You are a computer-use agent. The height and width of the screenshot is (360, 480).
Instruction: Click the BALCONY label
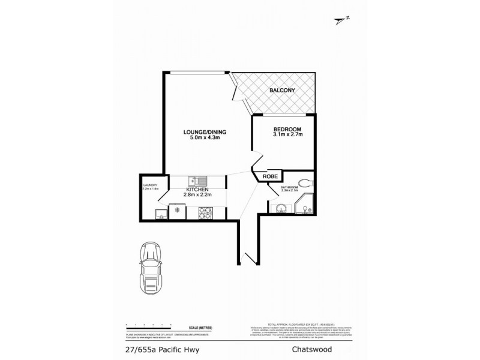[281, 91]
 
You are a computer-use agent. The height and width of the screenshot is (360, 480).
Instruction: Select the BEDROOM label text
[287, 129]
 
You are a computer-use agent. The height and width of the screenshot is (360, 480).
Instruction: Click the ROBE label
[269, 176]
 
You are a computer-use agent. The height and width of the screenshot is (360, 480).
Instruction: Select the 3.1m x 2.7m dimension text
[288, 135]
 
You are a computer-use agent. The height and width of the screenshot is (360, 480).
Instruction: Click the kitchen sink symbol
[197, 179]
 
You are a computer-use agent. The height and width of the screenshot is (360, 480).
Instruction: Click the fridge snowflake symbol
[178, 211]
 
